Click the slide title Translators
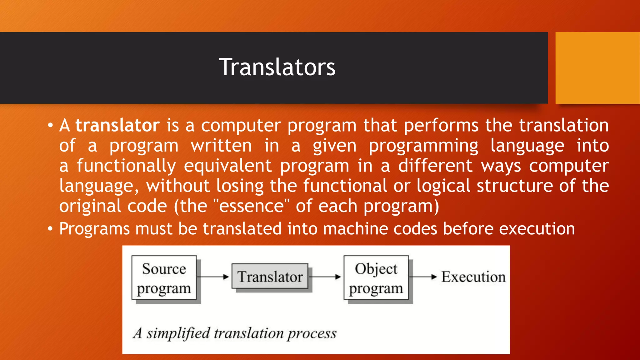coord(277,67)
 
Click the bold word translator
coord(117,126)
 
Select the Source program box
coord(164,278)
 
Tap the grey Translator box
coord(270,277)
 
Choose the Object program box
coord(376,278)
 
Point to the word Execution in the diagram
coord(473,277)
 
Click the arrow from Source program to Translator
coord(214,277)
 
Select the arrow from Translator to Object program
coord(325,277)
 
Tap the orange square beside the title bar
coord(597,68)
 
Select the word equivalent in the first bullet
coord(227,166)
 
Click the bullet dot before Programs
coord(50,229)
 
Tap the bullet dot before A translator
coord(50,126)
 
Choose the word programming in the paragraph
coord(423,146)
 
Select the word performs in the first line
coord(441,126)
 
